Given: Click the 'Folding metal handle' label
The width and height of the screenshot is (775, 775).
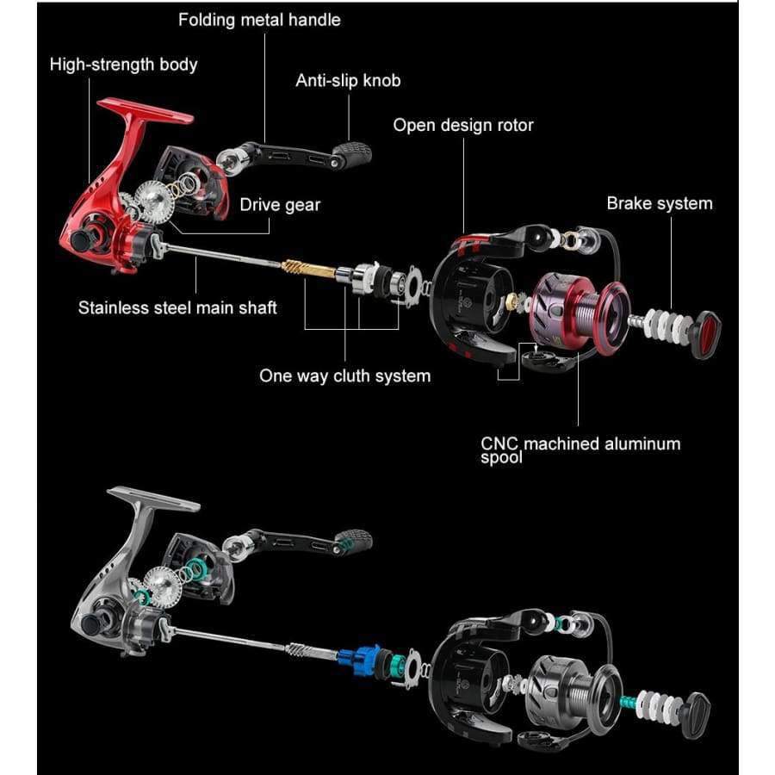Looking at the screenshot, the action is click(x=259, y=20).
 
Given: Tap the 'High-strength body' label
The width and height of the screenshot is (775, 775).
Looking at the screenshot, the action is click(x=123, y=65).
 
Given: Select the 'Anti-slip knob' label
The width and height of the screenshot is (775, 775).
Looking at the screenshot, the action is click(x=348, y=80).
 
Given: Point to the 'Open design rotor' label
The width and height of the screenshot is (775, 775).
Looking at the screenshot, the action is click(x=463, y=125).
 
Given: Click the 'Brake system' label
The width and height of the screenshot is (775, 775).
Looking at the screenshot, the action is click(x=660, y=203).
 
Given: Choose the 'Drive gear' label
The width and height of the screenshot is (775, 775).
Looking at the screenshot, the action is click(x=280, y=205).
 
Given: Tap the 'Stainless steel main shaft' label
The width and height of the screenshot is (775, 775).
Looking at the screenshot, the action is click(x=177, y=307).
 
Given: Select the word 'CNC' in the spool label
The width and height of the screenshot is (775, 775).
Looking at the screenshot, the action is click(x=499, y=443).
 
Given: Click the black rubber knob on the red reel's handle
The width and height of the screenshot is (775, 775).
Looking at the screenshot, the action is click(x=352, y=155).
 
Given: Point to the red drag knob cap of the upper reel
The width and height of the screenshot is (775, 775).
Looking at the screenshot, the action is click(x=705, y=336).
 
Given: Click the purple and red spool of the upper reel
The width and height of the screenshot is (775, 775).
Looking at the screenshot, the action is click(x=579, y=312).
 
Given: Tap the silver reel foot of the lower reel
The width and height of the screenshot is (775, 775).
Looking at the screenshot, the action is click(x=153, y=499).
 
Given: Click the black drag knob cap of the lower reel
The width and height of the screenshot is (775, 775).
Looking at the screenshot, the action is click(x=697, y=716).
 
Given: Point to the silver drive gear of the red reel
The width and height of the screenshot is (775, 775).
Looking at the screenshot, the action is click(x=155, y=201).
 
